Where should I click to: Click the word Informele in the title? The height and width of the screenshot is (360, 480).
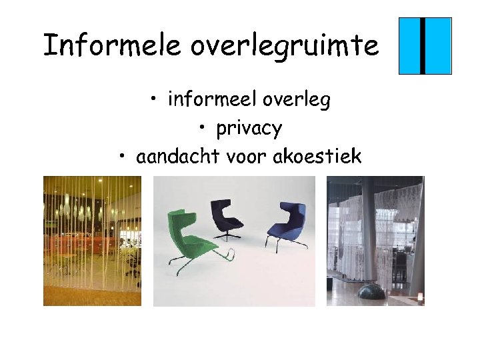[111, 45]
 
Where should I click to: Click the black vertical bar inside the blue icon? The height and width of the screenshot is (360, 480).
[423, 45]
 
